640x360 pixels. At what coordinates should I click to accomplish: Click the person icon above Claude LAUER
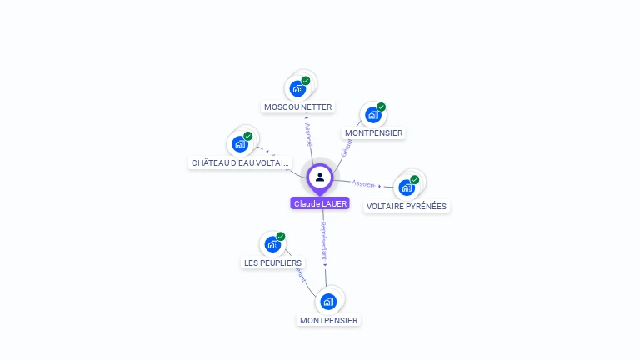click(x=320, y=177)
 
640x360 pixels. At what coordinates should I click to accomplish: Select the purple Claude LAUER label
click(x=320, y=203)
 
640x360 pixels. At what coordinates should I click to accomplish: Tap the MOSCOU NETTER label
click(x=297, y=107)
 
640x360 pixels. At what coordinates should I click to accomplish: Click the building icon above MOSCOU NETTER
click(x=297, y=88)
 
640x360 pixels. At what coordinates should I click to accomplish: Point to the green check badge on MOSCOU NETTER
click(x=306, y=81)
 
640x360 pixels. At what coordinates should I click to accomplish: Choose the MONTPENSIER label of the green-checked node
click(x=373, y=132)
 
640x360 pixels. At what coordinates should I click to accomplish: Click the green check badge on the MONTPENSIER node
click(x=381, y=107)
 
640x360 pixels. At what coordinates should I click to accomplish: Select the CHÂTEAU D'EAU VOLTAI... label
click(x=241, y=162)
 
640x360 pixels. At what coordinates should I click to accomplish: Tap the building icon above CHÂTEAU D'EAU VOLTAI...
click(x=240, y=144)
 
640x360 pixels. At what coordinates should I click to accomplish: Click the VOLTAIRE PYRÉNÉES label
click(x=407, y=206)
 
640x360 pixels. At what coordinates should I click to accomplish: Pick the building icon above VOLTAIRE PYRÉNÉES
click(x=406, y=187)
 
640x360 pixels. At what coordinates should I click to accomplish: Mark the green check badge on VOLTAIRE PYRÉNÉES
click(x=414, y=179)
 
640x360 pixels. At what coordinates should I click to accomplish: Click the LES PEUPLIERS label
click(x=272, y=262)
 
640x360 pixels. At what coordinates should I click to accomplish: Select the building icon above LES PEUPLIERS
click(x=272, y=244)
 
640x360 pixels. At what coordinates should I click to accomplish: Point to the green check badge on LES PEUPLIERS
click(x=281, y=237)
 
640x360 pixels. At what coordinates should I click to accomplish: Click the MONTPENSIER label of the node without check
click(x=328, y=320)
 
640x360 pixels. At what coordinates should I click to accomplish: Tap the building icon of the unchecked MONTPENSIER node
click(x=328, y=301)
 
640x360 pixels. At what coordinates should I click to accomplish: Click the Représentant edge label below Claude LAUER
click(x=324, y=242)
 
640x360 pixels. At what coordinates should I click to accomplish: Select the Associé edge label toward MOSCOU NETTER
click(x=308, y=135)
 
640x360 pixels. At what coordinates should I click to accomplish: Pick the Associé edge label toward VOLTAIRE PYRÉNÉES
click(x=363, y=183)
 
